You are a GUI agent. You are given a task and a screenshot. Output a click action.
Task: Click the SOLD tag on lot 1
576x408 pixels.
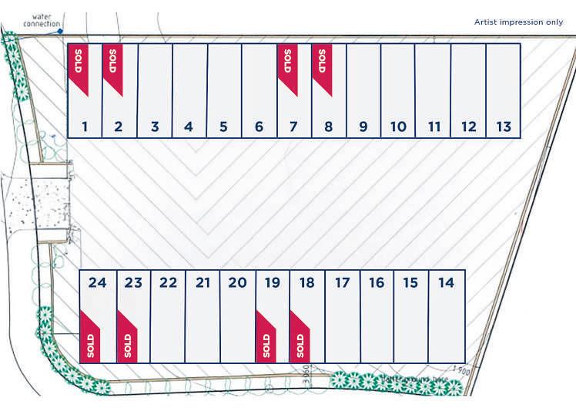[79, 66]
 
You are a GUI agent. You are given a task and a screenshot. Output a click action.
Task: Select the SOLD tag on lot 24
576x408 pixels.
[90, 339]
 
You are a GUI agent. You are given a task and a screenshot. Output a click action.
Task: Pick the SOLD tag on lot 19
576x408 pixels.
[266, 339]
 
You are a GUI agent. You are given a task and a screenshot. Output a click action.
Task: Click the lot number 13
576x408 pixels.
[503, 126]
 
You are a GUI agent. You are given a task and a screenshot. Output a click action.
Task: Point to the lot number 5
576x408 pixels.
[223, 126]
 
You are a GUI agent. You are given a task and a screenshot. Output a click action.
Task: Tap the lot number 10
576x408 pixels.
[398, 126]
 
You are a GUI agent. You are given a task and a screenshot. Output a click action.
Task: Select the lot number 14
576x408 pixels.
[446, 283]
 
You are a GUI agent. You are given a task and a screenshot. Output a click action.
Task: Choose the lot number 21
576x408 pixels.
[203, 283]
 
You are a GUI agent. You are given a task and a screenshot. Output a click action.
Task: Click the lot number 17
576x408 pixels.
[342, 283]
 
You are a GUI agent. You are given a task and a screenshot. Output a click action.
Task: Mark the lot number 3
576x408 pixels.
[154, 126]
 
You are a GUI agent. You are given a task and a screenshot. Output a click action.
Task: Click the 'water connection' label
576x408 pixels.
[42, 19]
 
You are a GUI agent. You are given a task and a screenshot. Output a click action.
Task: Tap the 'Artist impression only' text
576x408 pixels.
[518, 22]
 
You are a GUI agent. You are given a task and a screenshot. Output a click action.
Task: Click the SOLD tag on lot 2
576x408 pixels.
[112, 66]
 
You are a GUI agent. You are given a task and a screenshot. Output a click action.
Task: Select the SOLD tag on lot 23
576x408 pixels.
[127, 339]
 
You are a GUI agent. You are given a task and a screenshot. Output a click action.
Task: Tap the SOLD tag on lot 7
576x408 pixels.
[287, 66]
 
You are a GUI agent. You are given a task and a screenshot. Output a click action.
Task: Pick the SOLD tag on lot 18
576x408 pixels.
[300, 339]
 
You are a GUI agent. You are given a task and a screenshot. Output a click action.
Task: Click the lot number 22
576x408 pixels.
[168, 283]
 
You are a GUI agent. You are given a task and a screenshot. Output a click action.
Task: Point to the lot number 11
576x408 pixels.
[434, 126]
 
